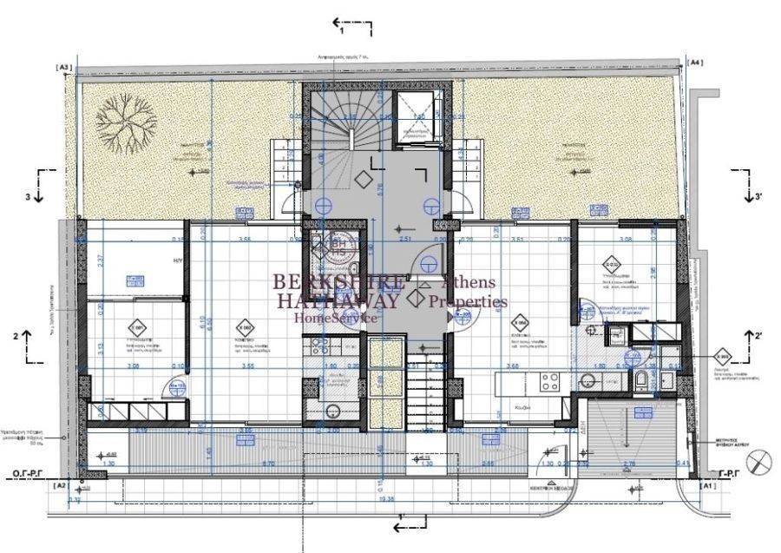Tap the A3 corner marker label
click(64, 67)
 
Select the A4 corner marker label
click(695, 63)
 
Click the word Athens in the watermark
click(469, 282)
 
